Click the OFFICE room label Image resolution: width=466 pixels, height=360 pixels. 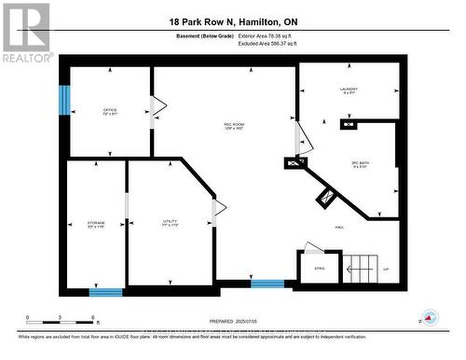[x=110, y=112]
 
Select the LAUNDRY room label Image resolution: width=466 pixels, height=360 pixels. [x=349, y=90]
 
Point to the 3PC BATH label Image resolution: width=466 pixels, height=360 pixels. [x=362, y=164]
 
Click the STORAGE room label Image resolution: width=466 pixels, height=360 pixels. [x=96, y=225]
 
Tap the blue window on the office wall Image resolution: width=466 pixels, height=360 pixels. [x=64, y=101]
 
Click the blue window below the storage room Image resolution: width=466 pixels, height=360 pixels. [x=105, y=292]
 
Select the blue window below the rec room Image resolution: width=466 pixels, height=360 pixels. [x=267, y=284]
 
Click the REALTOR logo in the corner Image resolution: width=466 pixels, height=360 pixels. [x=26, y=33]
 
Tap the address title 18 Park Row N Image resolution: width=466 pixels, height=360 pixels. [x=232, y=21]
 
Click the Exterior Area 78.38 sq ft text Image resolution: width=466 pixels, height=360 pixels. [x=272, y=35]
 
